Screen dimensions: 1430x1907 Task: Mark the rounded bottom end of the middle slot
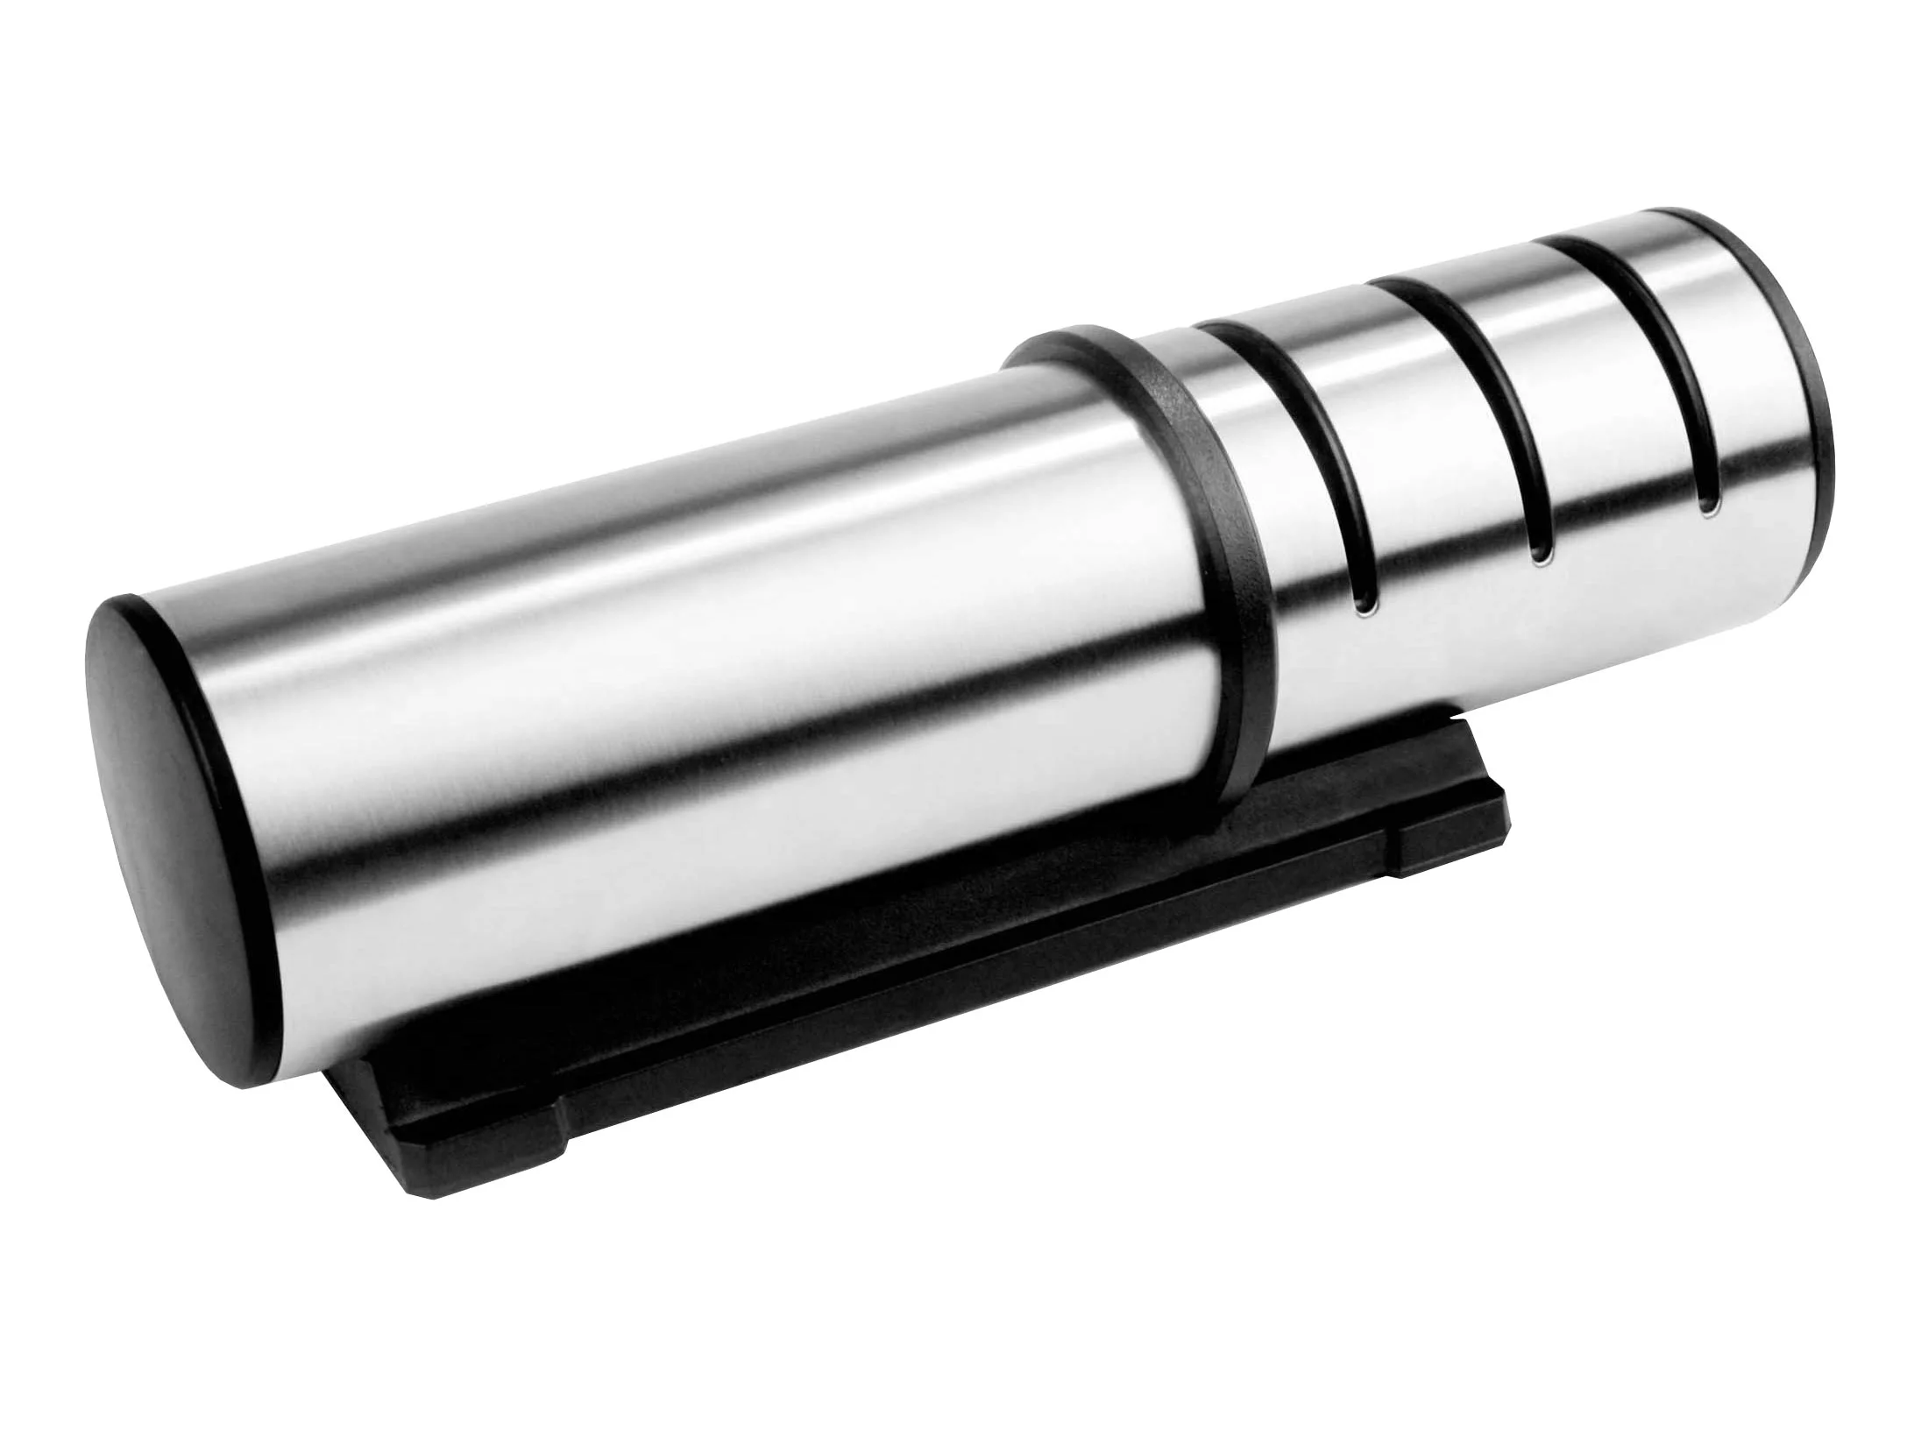(1540, 552)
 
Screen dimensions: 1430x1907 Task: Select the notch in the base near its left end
(561, 1139)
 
